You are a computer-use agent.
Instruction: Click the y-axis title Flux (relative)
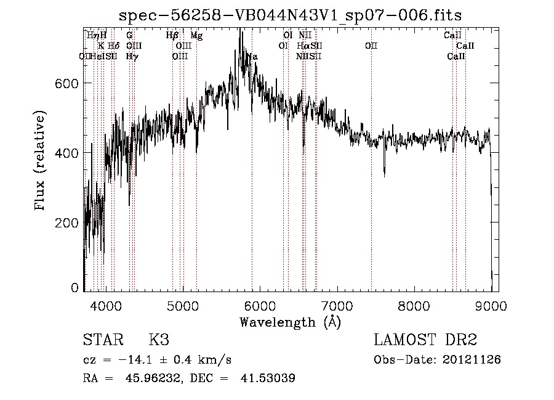click(x=41, y=161)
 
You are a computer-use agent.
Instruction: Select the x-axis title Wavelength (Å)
click(x=290, y=322)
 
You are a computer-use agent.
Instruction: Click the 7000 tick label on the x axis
click(x=336, y=306)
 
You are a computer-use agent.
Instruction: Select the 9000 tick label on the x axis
click(x=491, y=306)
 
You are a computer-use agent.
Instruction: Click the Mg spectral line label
click(x=196, y=36)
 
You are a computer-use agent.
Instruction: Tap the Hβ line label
click(x=172, y=36)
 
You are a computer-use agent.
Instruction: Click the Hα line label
click(x=303, y=46)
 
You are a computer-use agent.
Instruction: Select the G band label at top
click(x=129, y=36)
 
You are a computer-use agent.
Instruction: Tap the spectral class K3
click(x=158, y=340)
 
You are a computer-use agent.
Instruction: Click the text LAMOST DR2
click(x=425, y=340)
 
